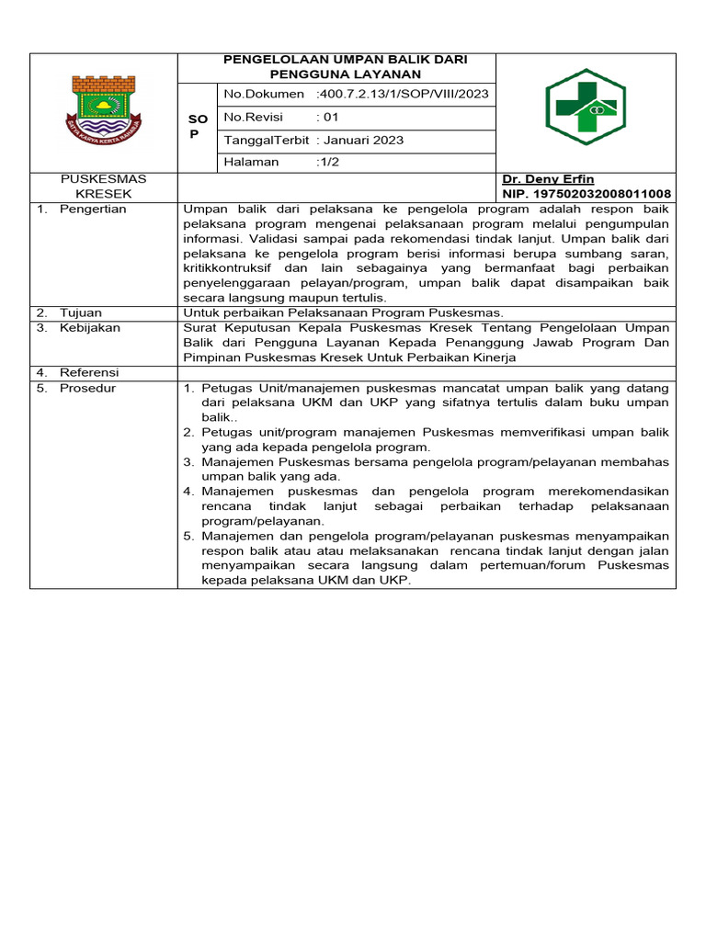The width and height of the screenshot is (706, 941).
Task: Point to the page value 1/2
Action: [326, 163]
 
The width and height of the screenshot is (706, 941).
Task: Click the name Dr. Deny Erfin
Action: [548, 179]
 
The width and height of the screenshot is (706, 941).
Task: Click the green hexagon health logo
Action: [586, 107]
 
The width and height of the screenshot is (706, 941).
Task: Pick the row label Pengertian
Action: [93, 210]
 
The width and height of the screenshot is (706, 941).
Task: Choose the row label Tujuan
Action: [82, 312]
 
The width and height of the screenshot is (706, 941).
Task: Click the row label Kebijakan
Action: [89, 328]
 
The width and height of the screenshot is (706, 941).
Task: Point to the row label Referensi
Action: [90, 372]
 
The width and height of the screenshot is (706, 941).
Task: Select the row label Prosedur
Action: [88, 388]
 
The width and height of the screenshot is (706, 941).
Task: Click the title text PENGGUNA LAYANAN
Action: [346, 74]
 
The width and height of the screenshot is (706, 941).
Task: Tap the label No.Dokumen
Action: [263, 95]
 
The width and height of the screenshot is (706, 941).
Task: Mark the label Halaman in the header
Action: [252, 163]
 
